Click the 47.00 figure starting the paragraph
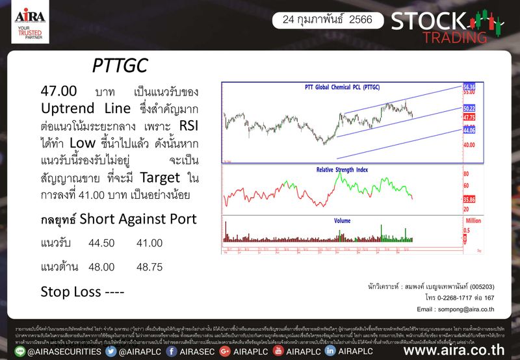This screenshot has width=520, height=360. click(58, 90)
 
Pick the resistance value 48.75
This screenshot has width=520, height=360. click(149, 266)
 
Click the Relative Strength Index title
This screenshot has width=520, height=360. click(342, 170)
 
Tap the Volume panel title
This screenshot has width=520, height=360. click(342, 221)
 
